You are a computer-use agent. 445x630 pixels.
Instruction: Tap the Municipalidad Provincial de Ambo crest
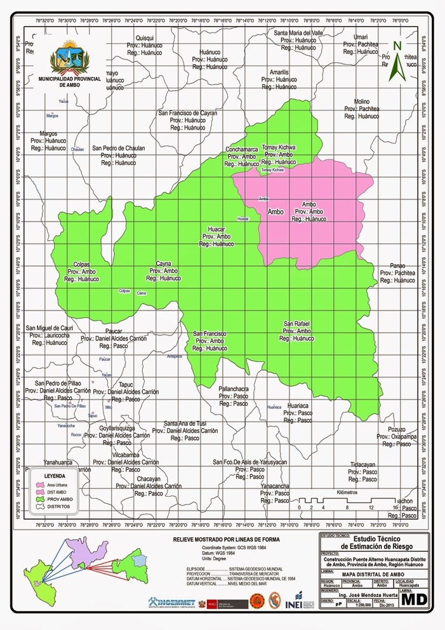(67, 58)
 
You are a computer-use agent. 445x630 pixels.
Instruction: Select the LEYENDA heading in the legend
(55, 475)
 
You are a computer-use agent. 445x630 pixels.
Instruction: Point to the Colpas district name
(81, 264)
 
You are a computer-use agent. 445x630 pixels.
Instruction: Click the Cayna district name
(164, 263)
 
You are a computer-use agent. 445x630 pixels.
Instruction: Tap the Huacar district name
(217, 229)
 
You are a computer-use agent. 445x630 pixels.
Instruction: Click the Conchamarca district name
(241, 149)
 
